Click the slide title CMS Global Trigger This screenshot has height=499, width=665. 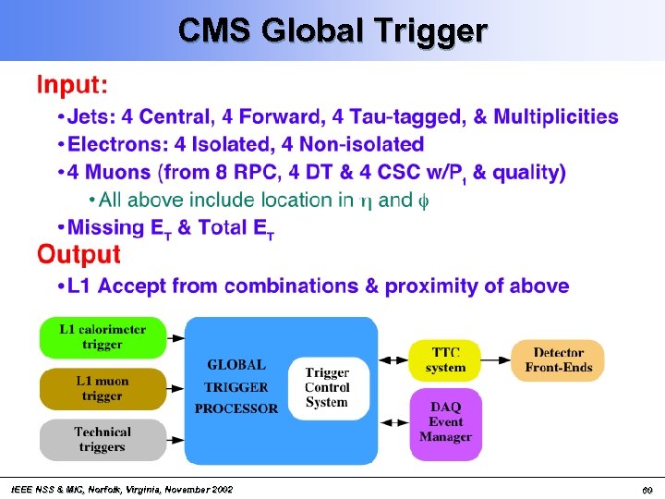(332, 30)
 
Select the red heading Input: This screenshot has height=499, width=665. (72, 86)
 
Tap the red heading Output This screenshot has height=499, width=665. (79, 254)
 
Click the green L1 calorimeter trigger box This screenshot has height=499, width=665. (102, 337)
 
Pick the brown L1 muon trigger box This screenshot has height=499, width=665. (102, 388)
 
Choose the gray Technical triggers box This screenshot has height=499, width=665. (102, 439)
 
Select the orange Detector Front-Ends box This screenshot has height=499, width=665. (558, 359)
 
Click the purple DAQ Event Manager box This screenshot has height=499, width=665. (444, 422)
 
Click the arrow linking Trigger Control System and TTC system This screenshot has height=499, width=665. (393, 359)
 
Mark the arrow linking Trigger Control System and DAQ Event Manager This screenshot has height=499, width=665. (393, 422)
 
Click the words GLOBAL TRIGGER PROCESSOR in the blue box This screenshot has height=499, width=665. (240, 387)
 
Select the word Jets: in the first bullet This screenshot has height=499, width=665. (92, 116)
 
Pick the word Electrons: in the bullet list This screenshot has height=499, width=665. (115, 144)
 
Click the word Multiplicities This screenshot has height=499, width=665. (556, 116)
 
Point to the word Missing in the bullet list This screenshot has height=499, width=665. (107, 227)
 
